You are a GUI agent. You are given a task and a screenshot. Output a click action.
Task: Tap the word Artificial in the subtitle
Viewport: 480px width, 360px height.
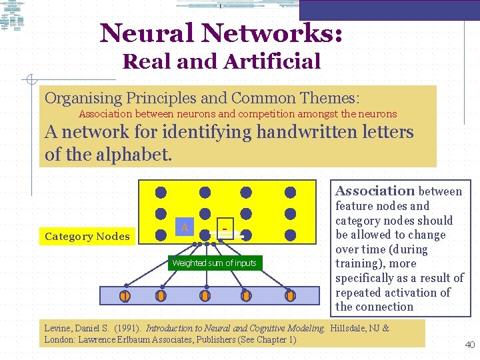pyautogui.click(x=273, y=62)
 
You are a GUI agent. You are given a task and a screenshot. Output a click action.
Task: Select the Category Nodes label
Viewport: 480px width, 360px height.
pyautogui.click(x=87, y=236)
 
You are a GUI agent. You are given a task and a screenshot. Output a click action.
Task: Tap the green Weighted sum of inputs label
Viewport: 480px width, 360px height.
pyautogui.click(x=214, y=263)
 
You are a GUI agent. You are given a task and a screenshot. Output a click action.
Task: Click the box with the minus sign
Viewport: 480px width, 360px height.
pyautogui.click(x=225, y=229)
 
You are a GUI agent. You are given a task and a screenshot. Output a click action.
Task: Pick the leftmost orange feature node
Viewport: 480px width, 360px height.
pyautogui.click(x=124, y=295)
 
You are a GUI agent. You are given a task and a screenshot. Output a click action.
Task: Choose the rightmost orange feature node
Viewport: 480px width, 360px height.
pyautogui.click(x=290, y=295)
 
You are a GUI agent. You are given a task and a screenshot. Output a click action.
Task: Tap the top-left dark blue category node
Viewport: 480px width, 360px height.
pyautogui.click(x=161, y=193)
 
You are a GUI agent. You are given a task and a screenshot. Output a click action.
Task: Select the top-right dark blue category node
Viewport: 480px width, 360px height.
pyautogui.click(x=290, y=193)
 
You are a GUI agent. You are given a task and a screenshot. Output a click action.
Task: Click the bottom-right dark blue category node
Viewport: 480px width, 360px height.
pyautogui.click(x=290, y=235)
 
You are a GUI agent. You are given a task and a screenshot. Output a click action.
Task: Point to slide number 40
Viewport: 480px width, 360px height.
pyautogui.click(x=469, y=345)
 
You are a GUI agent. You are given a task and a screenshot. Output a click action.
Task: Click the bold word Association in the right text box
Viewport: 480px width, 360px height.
pyautogui.click(x=375, y=191)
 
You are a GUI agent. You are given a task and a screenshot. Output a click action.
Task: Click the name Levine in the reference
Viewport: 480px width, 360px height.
pyautogui.click(x=57, y=328)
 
